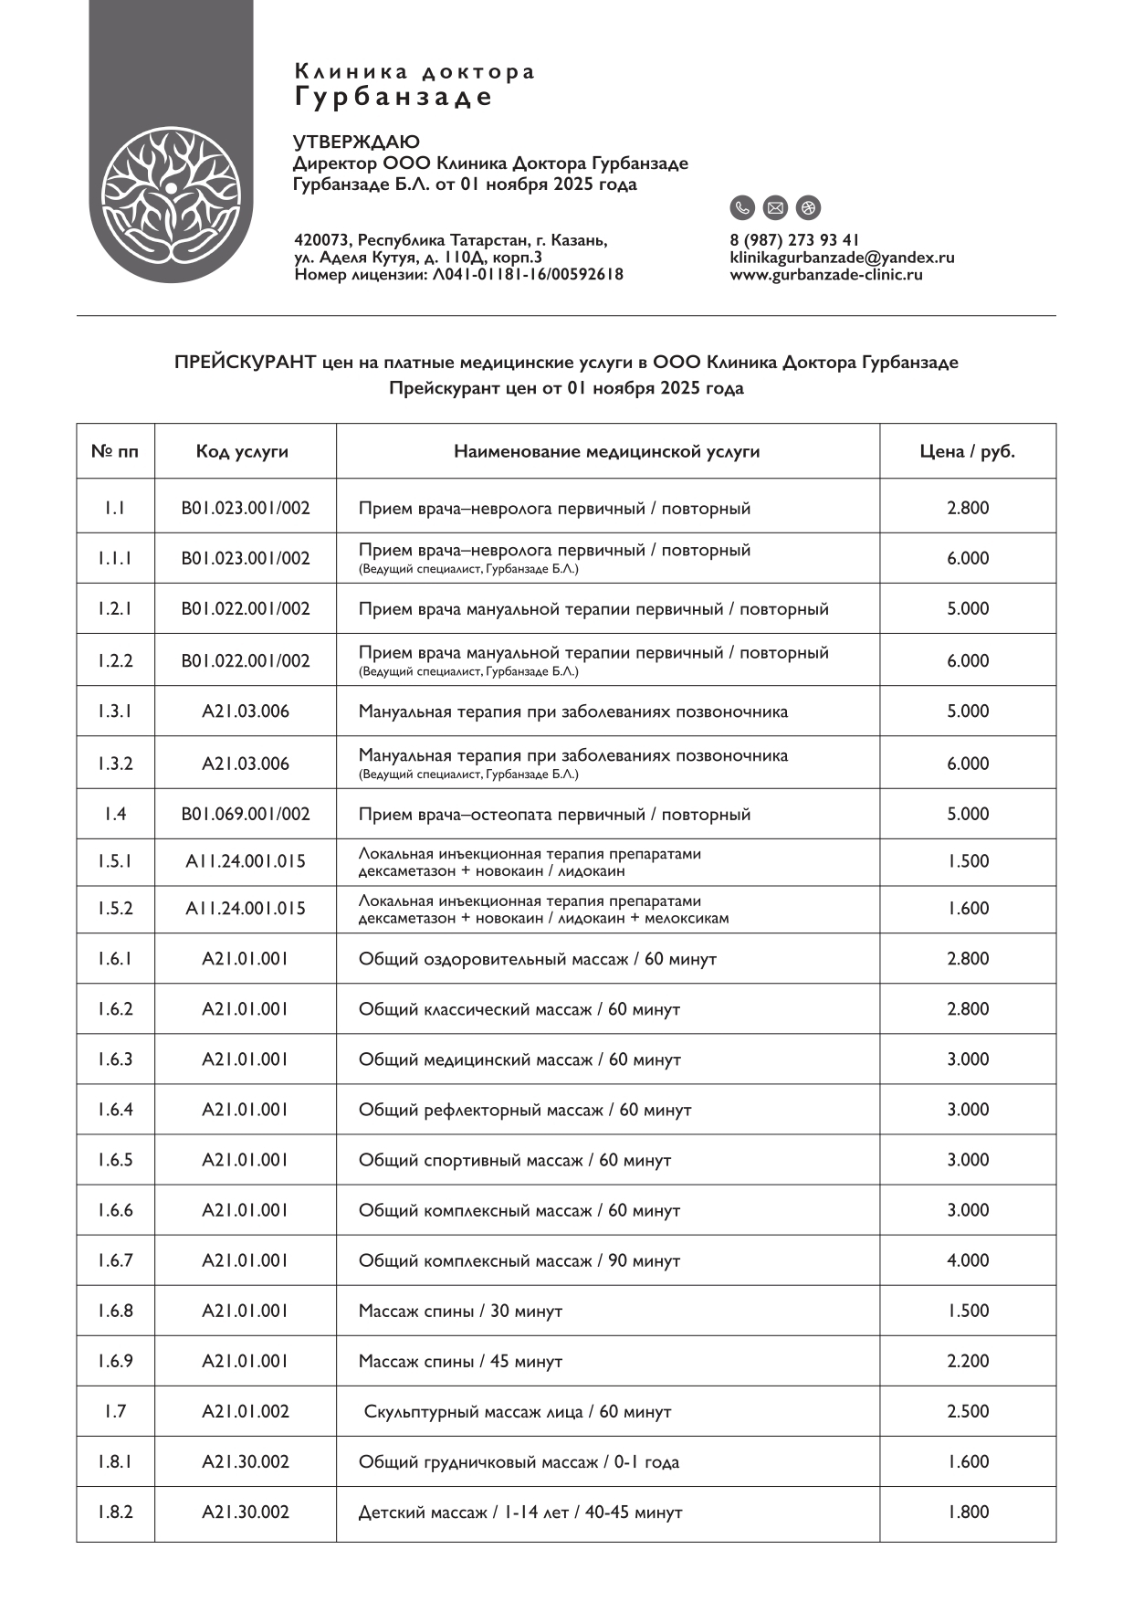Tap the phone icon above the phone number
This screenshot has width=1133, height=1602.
pyautogui.click(x=742, y=208)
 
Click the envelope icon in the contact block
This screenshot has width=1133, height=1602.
pyautogui.click(x=775, y=208)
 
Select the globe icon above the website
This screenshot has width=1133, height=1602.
pyautogui.click(x=808, y=208)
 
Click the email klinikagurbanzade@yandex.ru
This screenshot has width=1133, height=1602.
pyautogui.click(x=842, y=258)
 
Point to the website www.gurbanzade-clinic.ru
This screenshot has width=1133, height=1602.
pyautogui.click(x=825, y=274)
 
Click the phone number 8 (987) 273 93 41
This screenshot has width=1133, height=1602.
pyautogui.click(x=794, y=240)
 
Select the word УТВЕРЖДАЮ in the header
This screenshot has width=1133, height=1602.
pyautogui.click(x=356, y=142)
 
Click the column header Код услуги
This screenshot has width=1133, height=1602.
pyautogui.click(x=242, y=451)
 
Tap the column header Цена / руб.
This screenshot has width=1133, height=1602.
pyautogui.click(x=967, y=451)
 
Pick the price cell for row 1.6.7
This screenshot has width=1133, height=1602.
pyautogui.click(x=968, y=1260)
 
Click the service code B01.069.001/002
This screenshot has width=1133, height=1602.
pyautogui.click(x=245, y=814)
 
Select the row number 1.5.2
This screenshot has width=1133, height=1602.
pyautogui.click(x=115, y=909)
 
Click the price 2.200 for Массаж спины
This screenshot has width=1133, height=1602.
pyautogui.click(x=968, y=1361)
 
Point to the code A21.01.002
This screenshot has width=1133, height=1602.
pyautogui.click(x=245, y=1411)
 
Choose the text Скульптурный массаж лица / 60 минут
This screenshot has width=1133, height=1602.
pyautogui.click(x=517, y=1412)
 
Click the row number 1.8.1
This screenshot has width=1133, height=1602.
pyautogui.click(x=115, y=1461)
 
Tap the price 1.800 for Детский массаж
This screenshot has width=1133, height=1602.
pyautogui.click(x=968, y=1512)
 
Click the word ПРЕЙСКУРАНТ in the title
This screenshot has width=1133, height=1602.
pyautogui.click(x=245, y=363)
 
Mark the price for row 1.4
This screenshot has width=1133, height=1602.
pyautogui.click(x=968, y=814)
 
